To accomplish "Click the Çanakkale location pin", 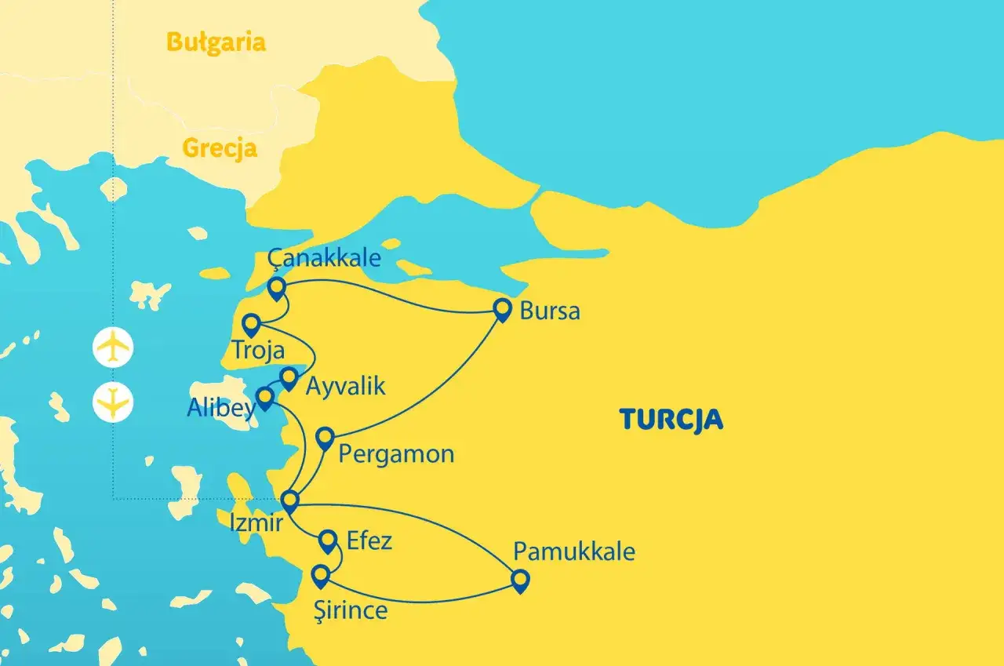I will point(276,289).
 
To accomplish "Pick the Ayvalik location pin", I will point(289,378).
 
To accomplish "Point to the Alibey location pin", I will point(266,399).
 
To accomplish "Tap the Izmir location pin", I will point(290,500).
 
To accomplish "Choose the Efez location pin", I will point(329,540).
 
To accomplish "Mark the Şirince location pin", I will point(319,577).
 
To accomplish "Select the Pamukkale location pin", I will point(520,580).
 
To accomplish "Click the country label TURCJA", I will point(671,420).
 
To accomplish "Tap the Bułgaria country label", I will point(216,42).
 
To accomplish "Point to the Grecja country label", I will point(220,147).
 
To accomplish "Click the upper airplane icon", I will point(113,347).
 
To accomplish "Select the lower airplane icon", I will point(113,402).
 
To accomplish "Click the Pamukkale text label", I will point(574,551).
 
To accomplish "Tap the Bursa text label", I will point(550,311).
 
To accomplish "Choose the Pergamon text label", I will point(396,453).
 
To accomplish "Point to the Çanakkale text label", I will point(324,257).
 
